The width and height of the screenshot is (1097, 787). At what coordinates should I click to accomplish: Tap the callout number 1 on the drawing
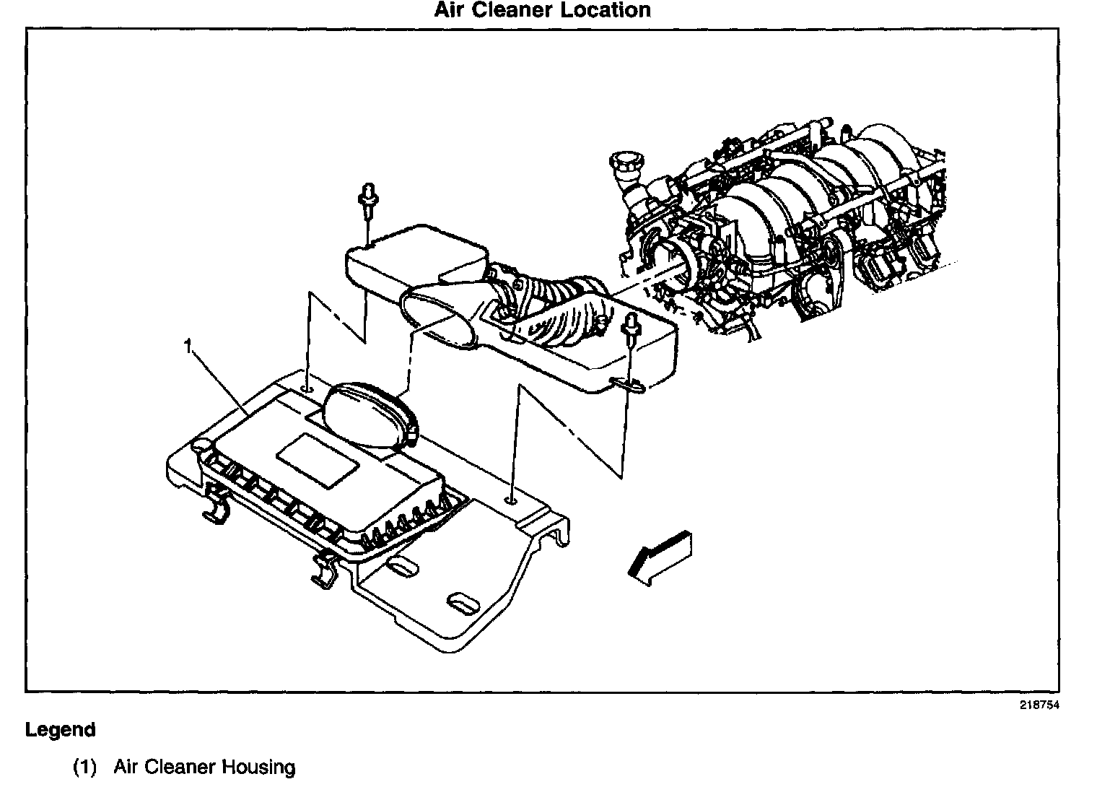click(188, 347)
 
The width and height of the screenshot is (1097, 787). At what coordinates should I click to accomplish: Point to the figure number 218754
click(1039, 706)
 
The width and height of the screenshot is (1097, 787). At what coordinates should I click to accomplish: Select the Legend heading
click(61, 730)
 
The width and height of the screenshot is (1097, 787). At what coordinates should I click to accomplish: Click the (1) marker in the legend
click(84, 767)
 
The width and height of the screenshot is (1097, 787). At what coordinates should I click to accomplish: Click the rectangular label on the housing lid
click(318, 461)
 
